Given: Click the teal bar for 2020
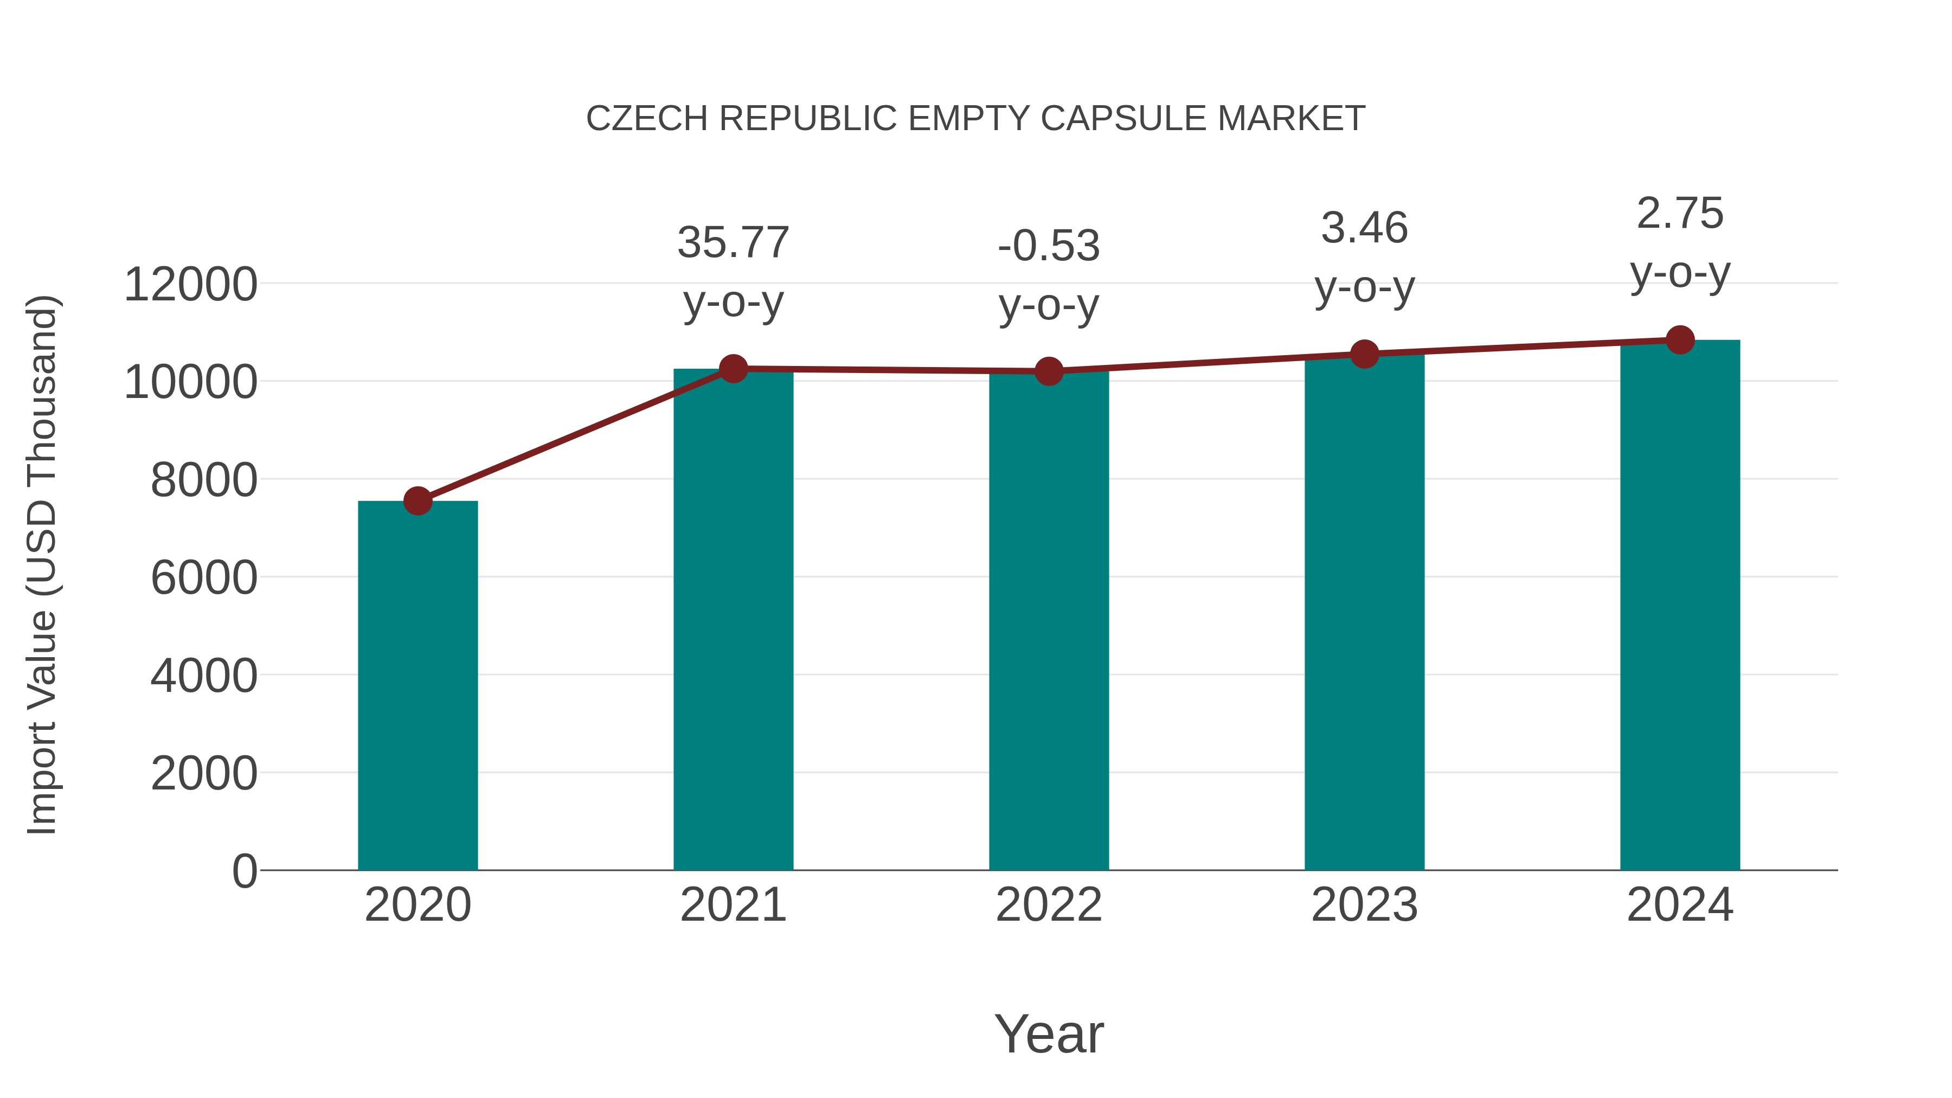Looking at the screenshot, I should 418,686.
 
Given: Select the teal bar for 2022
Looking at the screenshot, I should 1049,621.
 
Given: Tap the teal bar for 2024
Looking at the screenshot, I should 1680,606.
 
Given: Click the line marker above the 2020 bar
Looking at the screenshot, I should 418,501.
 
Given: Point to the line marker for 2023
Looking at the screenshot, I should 1364,354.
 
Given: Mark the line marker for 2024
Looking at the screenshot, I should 1680,340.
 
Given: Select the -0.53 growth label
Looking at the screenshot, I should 1049,246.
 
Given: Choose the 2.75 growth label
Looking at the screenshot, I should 1680,214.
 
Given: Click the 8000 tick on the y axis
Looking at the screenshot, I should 204,480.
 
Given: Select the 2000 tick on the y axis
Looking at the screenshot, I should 204,774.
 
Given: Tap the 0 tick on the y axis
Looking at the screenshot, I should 244,871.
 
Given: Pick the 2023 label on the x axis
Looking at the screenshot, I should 1364,905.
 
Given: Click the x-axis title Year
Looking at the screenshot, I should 1049,1035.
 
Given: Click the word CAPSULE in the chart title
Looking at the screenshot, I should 1125,119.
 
